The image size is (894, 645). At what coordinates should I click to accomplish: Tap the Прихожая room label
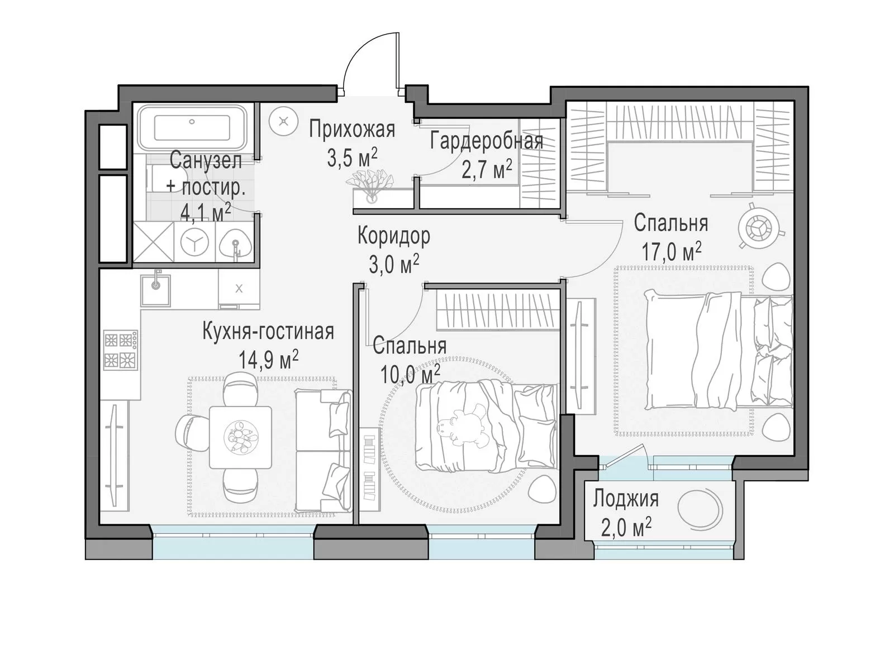click(x=352, y=130)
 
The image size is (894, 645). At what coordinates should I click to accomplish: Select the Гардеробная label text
click(x=487, y=141)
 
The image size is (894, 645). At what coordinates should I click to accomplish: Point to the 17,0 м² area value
click(x=671, y=251)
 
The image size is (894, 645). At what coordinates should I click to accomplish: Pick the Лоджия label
click(x=625, y=499)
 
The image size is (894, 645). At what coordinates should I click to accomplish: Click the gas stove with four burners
click(x=121, y=350)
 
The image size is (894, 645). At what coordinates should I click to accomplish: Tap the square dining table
click(x=241, y=437)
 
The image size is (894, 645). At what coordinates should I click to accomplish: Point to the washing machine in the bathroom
click(x=195, y=242)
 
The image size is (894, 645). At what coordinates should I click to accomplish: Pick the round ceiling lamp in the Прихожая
click(x=283, y=121)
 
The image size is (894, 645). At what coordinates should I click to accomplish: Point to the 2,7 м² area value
click(x=487, y=169)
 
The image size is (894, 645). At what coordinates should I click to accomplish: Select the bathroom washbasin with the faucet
click(x=235, y=242)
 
